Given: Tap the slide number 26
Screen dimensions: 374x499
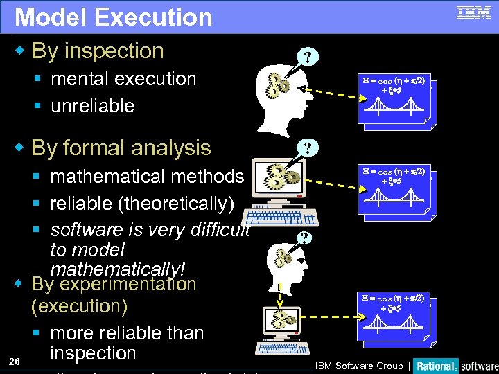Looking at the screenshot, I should coord(15,362).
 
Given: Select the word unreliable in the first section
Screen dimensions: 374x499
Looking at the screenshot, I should coord(92,106).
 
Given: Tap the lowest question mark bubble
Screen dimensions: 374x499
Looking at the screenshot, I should coord(302,237).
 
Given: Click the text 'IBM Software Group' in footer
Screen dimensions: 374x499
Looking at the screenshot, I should coord(360,366).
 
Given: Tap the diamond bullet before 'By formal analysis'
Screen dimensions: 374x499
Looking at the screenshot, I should coord(21,148).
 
